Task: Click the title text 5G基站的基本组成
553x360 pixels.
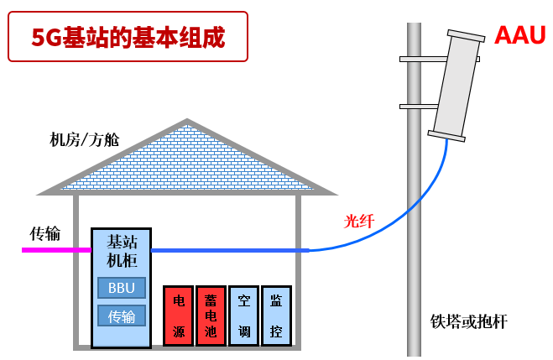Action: (128, 37)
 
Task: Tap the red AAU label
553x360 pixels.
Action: (519, 35)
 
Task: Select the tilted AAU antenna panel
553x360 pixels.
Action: (457, 84)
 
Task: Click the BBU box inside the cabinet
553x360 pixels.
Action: (122, 288)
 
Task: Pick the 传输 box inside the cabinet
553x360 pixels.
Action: (122, 316)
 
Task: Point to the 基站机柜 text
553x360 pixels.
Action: (122, 251)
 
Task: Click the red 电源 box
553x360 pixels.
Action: (178, 316)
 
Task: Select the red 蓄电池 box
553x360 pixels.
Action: (211, 316)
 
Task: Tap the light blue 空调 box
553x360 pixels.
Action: (243, 316)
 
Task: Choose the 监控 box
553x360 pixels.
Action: (276, 316)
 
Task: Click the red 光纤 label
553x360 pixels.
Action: (359, 222)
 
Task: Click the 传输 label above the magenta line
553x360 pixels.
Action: (45, 233)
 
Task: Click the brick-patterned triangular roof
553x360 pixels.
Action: (186, 164)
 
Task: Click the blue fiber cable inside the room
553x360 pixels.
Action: (227, 249)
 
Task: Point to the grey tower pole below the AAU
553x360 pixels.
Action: (414, 252)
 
